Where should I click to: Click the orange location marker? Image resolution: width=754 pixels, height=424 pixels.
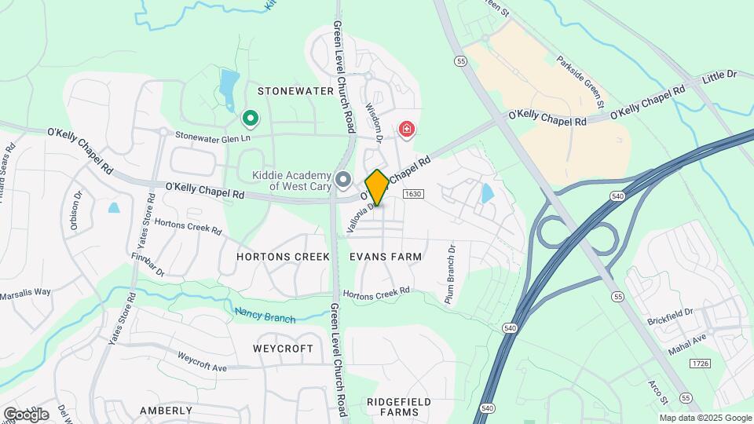coord(377,188)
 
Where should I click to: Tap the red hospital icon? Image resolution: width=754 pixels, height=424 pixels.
coord(407,129)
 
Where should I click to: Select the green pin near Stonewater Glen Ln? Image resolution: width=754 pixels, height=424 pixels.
coord(251,119)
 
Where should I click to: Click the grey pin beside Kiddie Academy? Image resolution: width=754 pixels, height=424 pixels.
coord(343,180)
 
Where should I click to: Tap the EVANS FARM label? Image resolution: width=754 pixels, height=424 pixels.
coord(386,257)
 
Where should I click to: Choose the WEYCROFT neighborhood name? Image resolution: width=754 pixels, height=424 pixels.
coord(283,348)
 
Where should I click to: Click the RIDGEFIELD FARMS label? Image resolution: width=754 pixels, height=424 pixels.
coord(399,407)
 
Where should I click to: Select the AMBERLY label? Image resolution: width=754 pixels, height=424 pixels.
coord(166,411)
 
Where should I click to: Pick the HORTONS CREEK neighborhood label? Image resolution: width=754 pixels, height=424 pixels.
coord(284,257)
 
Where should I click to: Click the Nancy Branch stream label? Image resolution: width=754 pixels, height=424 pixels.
coord(265,315)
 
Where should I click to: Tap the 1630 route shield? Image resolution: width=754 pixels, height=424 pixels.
coord(414,193)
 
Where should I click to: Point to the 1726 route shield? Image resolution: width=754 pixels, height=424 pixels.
coord(700,363)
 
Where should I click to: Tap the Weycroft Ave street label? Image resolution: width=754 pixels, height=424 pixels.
coord(202,360)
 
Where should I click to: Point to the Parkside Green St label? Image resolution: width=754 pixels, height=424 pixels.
coord(581,82)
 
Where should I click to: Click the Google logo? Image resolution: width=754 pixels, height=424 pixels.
coord(26,414)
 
